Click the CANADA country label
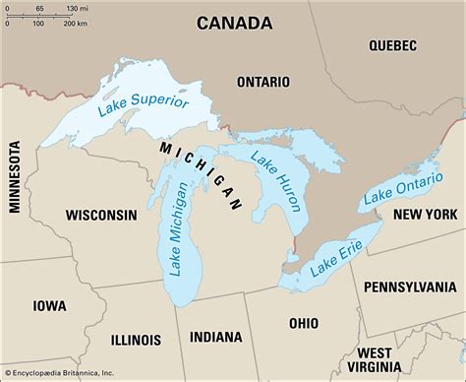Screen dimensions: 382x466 click(234, 22)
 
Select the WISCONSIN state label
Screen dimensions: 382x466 click(101, 214)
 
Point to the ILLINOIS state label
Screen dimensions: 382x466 click(137, 311)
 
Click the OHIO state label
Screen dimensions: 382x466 click(304, 322)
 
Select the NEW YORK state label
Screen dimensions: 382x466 click(427, 214)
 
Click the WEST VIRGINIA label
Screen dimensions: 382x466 click(387, 359)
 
